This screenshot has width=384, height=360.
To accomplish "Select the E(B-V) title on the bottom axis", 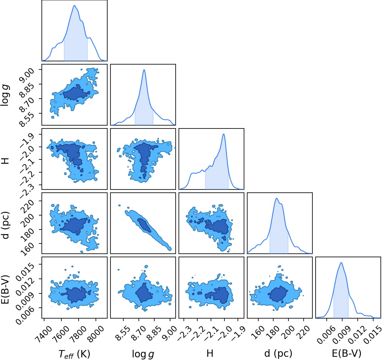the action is click(x=347, y=354).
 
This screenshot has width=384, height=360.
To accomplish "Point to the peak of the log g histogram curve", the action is click(x=144, y=69).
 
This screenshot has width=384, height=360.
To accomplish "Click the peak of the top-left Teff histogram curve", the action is click(x=75, y=6).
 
